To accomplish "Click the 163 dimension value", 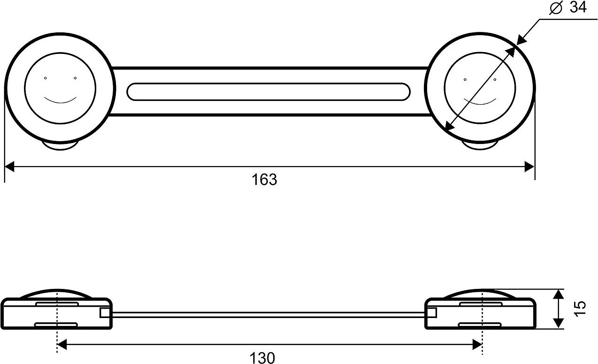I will [x=265, y=180].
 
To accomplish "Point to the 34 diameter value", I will [x=578, y=8].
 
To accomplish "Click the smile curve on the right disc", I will [x=479, y=101].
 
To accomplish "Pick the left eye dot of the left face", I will [x=45, y=78].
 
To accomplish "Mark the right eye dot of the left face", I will [x=75, y=78].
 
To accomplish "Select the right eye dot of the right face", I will [x=495, y=79].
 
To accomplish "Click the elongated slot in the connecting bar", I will [x=268, y=91].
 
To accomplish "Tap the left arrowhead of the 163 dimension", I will [x=10, y=167].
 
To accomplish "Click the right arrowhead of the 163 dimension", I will [x=529, y=167].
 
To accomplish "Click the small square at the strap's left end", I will [x=105, y=313].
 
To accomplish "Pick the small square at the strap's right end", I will [x=431, y=313].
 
